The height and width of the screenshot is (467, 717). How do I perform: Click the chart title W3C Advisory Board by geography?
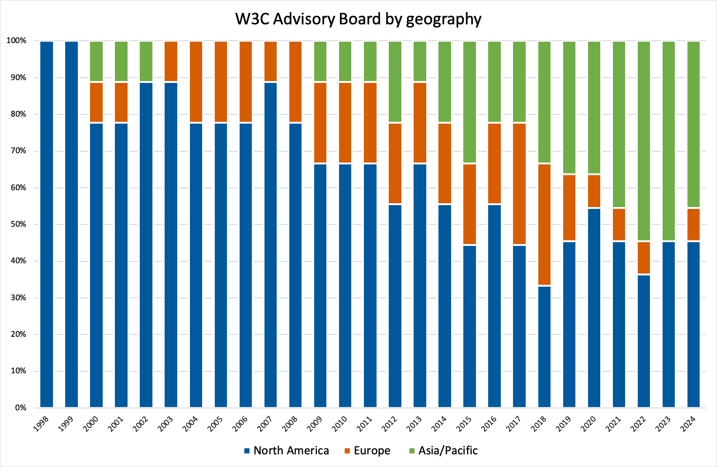[358, 19]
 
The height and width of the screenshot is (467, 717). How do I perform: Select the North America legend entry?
[286, 451]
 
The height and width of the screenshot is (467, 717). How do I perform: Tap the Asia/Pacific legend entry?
[443, 451]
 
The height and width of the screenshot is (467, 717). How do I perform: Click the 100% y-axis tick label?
[16, 41]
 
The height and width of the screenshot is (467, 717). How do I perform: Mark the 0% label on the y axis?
[20, 408]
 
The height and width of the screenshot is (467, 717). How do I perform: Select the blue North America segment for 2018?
[544, 347]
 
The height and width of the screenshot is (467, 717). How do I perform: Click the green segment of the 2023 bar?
[668, 141]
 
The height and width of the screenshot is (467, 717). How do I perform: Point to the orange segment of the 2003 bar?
[171, 61]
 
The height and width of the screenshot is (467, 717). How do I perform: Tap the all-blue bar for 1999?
[71, 224]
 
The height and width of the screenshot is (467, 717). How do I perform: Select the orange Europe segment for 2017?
[519, 184]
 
